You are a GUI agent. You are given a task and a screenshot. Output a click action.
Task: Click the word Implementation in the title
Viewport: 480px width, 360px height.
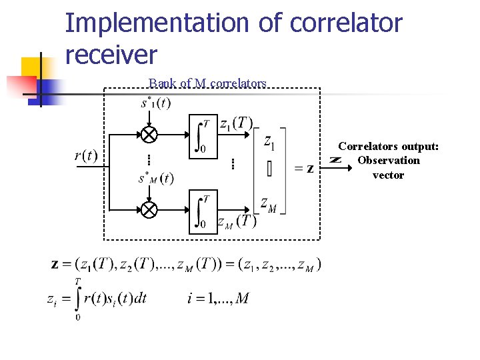[157, 23]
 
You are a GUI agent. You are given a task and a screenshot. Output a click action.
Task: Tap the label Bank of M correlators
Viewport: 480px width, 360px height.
[207, 83]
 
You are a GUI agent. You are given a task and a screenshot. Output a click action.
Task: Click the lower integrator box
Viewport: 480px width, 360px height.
[203, 211]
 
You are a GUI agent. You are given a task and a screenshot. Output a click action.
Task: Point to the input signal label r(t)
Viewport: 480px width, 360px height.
[86, 156]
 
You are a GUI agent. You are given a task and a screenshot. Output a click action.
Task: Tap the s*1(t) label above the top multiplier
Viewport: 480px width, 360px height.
[155, 103]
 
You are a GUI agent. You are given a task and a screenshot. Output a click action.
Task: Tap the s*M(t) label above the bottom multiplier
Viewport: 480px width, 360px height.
[155, 178]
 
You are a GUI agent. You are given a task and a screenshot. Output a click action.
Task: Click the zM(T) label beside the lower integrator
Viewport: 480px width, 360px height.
[237, 222]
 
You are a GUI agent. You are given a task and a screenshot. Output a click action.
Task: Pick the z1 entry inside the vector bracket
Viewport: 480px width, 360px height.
[269, 141]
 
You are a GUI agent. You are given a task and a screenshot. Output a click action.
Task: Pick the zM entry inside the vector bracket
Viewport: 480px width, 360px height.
[269, 204]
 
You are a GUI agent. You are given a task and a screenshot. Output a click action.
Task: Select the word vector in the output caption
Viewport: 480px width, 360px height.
[388, 175]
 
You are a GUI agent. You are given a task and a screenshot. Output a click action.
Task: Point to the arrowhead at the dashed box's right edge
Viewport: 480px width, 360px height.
[336, 160]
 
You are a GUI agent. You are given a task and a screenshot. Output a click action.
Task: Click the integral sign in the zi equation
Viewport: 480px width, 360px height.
[78, 298]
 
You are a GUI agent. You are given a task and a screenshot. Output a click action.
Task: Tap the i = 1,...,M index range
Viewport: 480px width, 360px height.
[218, 298]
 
